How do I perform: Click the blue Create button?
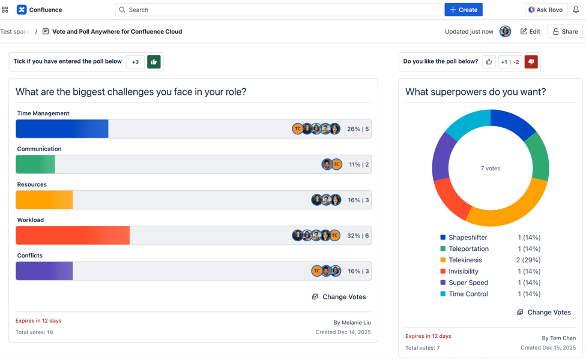[464, 10]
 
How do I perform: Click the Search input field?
[278, 10]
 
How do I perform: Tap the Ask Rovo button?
[545, 10]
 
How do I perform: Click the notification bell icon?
[576, 10]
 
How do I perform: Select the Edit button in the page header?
[530, 32]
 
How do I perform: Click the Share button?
[565, 32]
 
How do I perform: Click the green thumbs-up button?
[154, 62]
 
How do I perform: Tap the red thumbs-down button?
[531, 62]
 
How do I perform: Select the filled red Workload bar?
[73, 235]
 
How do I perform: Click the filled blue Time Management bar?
[62, 129]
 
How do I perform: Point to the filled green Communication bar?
[35, 164]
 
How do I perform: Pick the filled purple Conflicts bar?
[44, 271]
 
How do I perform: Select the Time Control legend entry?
[468, 294]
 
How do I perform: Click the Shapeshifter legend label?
[468, 238]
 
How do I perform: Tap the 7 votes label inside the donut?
[491, 169]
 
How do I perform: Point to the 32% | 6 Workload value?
[358, 236]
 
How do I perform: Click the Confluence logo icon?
[22, 10]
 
